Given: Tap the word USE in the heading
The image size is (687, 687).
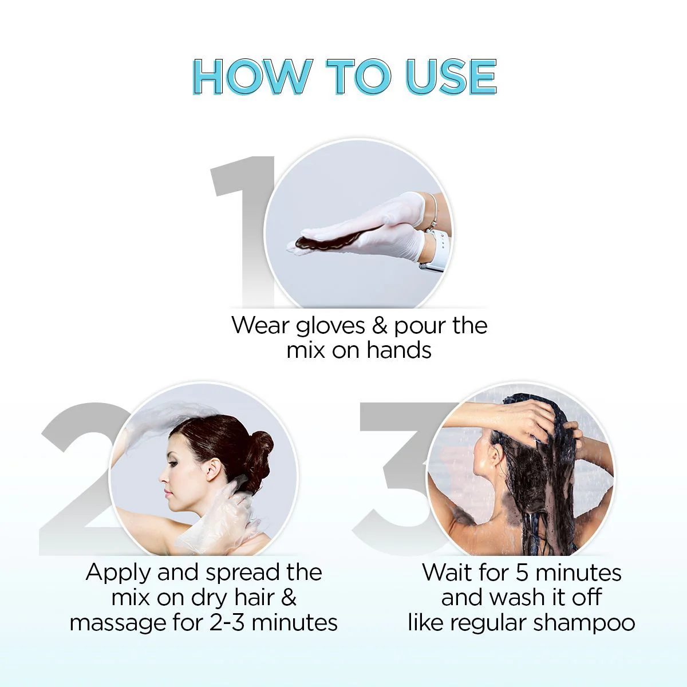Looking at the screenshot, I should [x=451, y=76].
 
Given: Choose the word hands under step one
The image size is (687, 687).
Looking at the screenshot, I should [x=398, y=350].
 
